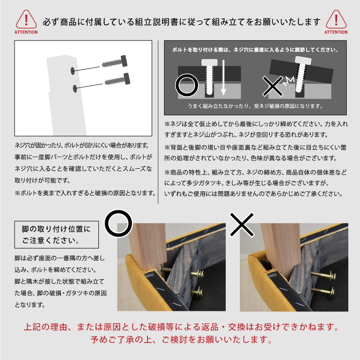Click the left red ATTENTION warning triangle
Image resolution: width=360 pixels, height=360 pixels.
click(26, 19)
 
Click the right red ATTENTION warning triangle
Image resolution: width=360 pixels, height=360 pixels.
click(336, 19)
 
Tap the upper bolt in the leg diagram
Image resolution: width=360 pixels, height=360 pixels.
click(114, 61)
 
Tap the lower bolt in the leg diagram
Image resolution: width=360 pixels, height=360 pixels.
click(117, 79)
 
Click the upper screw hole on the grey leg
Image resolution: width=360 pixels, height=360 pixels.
click(73, 71)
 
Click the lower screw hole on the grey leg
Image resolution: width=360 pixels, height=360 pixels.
click(75, 89)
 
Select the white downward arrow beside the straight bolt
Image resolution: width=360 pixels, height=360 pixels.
click(223, 78)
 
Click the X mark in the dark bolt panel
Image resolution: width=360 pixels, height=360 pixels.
click(272, 86)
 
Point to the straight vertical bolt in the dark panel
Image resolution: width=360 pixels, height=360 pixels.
click(209, 77)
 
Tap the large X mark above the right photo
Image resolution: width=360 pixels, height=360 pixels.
click(242, 224)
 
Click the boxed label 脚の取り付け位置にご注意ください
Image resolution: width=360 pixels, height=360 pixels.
click(56, 234)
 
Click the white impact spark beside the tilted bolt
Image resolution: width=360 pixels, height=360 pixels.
click(288, 81)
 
